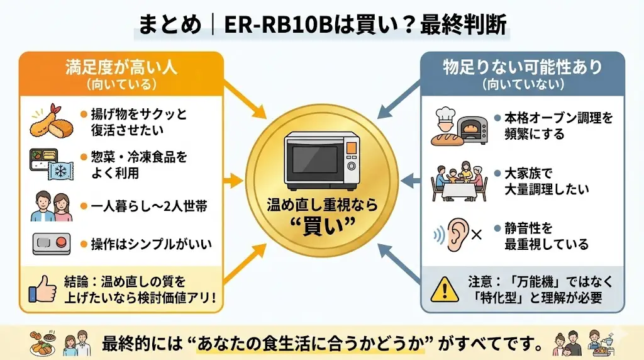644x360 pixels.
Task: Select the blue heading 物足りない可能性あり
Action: tap(522, 66)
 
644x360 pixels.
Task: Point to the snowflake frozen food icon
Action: tap(62, 170)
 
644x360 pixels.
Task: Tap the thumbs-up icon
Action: tap(43, 288)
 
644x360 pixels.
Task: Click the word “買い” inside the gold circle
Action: tap(321, 225)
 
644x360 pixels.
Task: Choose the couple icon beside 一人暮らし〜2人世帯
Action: tap(50, 206)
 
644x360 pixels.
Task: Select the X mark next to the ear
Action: tap(476, 235)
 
